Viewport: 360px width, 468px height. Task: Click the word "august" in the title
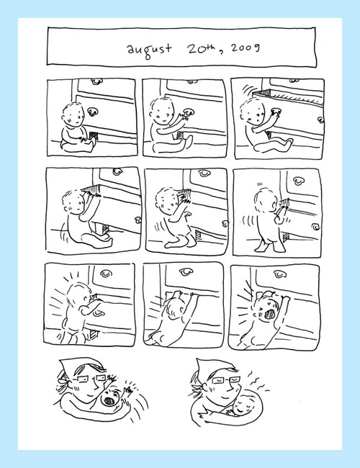pos(150,50)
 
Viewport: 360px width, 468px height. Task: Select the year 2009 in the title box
pos(245,48)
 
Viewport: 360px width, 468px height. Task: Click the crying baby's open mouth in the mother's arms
pos(108,400)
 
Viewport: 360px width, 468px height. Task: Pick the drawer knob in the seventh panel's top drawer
pos(105,274)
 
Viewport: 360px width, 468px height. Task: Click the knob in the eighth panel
pos(186,271)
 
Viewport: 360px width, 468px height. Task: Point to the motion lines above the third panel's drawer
pos(247,89)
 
